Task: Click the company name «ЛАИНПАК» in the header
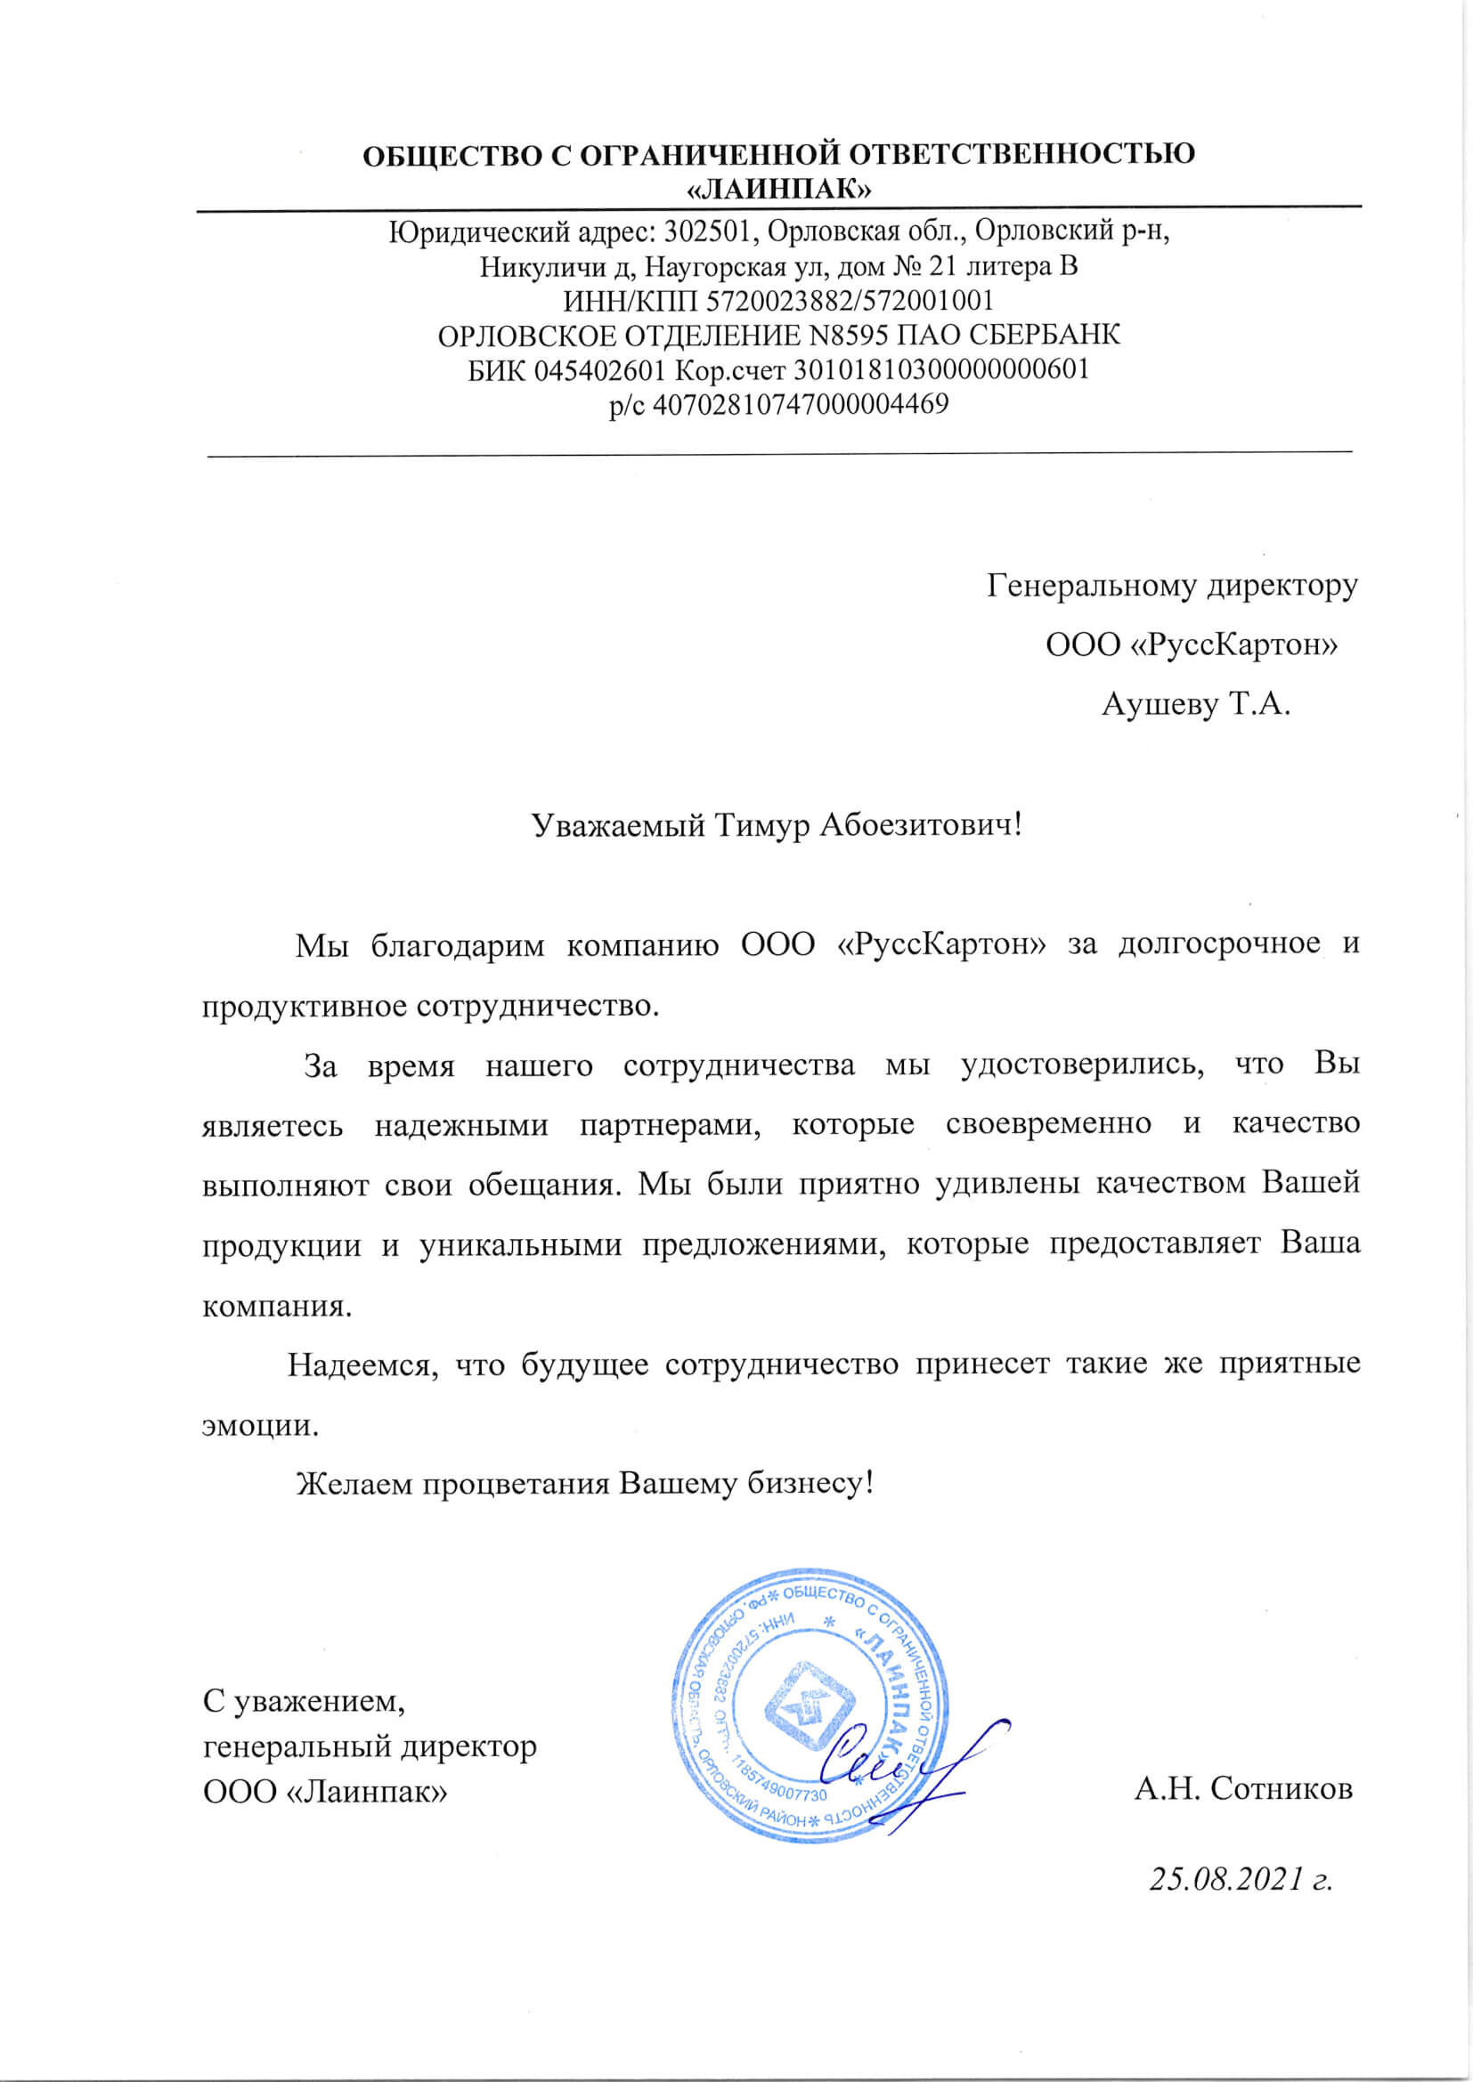click(x=779, y=190)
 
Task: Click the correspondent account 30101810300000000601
click(x=941, y=369)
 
